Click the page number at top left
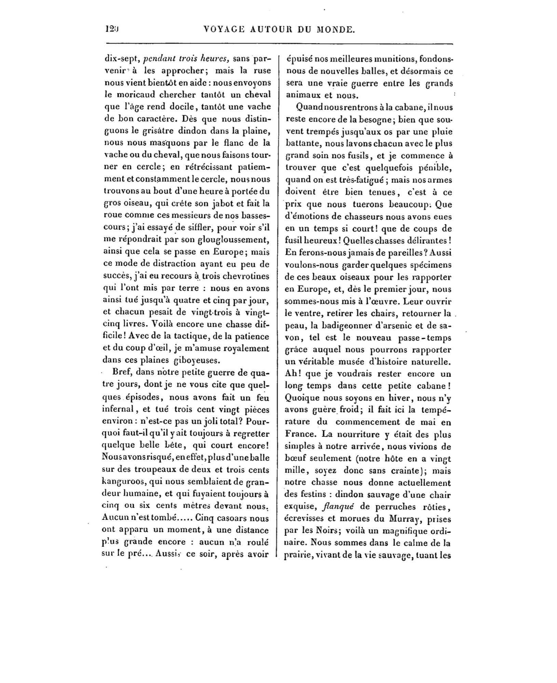(x=111, y=29)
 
